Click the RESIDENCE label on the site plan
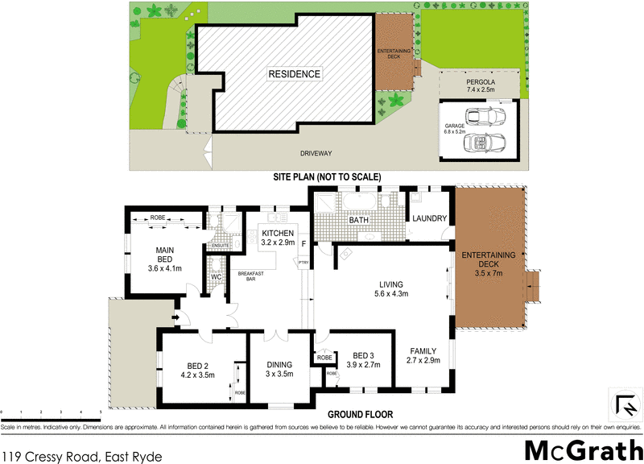coord(295,74)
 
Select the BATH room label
coord(358,219)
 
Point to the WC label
coord(216,277)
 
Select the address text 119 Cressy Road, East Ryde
coord(82,457)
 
